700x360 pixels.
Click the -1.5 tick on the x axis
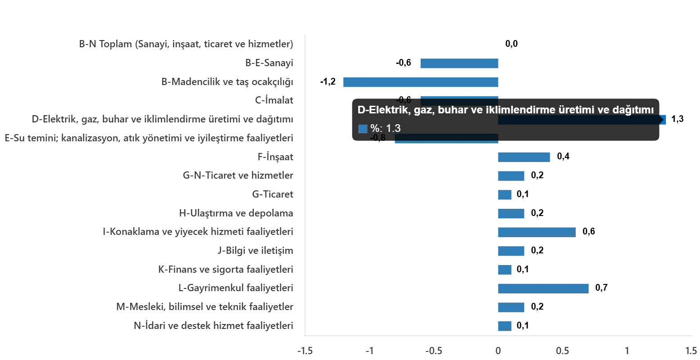(x=305, y=351)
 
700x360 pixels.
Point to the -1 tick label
(x=369, y=351)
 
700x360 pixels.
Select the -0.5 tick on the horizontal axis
(x=434, y=351)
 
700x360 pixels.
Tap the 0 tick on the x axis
(x=498, y=351)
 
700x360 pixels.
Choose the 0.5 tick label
(x=562, y=351)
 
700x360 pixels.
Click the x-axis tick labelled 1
(x=627, y=351)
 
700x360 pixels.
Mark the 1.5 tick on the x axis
(x=691, y=351)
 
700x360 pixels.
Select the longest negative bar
(x=421, y=83)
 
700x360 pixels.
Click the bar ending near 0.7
(x=543, y=288)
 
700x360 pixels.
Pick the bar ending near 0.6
(x=536, y=232)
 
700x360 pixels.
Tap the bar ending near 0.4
(x=523, y=157)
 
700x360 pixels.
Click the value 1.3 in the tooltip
(x=393, y=129)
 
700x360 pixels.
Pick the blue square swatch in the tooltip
(x=363, y=129)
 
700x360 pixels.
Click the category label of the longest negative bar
(x=229, y=82)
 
